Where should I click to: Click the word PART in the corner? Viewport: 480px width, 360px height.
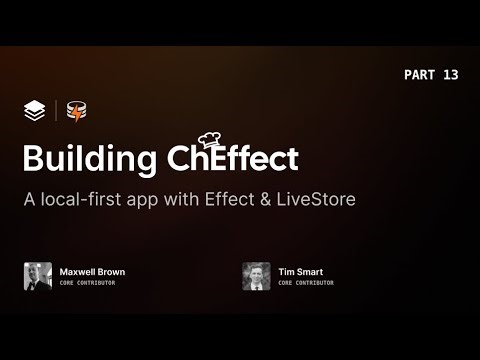(x=421, y=75)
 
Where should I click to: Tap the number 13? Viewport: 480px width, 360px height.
(x=449, y=75)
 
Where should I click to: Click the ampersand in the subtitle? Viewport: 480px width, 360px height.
(x=261, y=198)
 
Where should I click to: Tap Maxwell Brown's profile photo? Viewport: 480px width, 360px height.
(x=38, y=276)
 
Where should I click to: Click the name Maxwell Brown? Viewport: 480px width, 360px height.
(x=92, y=271)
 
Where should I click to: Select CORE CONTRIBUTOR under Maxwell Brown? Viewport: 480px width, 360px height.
(x=88, y=283)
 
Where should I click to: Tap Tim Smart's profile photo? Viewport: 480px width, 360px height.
(x=256, y=276)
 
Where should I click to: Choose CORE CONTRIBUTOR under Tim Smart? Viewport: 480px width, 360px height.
(x=306, y=283)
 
